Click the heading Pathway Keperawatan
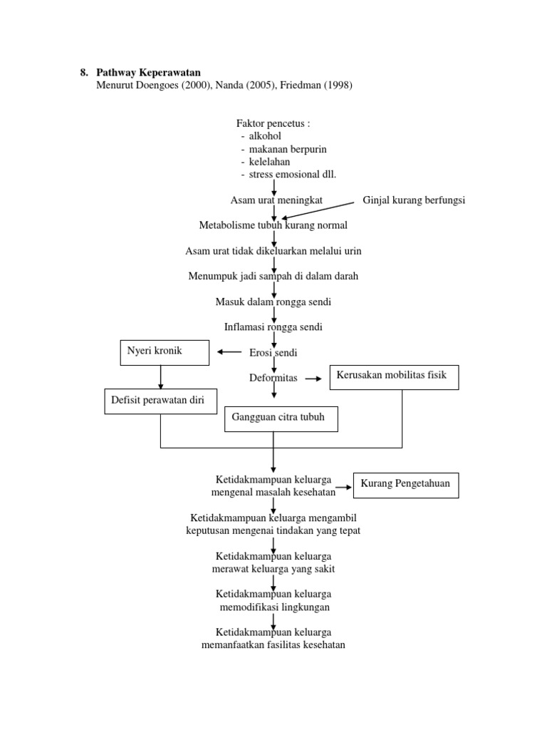148,73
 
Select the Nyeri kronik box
165,352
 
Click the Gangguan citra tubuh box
281,418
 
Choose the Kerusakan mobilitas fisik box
394,376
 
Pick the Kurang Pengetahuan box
407,485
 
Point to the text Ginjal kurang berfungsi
414,200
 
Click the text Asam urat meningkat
276,200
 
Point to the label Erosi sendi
273,353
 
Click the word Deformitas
273,378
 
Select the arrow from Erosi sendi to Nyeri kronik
229,352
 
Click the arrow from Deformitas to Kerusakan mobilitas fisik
313,379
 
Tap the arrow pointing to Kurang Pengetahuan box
344,488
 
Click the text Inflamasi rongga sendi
273,327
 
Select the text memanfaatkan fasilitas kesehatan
273,645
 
